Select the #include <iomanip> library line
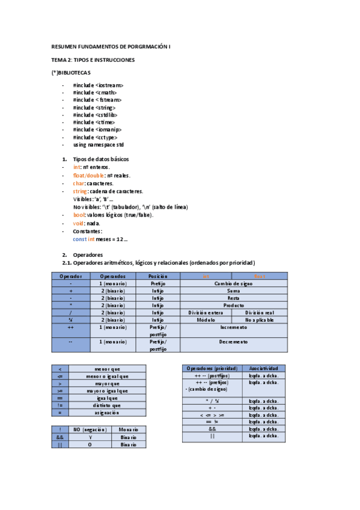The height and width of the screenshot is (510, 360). [x=97, y=129]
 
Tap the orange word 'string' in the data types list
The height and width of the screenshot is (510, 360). [x=80, y=191]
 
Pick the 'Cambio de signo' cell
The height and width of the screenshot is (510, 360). [x=233, y=283]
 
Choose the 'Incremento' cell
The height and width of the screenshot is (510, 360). [x=233, y=328]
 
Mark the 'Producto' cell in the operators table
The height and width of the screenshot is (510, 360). [x=233, y=305]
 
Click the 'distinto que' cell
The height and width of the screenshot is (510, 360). [x=107, y=405]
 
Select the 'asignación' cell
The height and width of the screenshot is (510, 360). [x=107, y=413]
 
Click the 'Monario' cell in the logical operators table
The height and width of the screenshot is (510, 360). [x=129, y=429]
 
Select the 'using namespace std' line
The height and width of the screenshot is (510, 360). [x=98, y=145]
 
